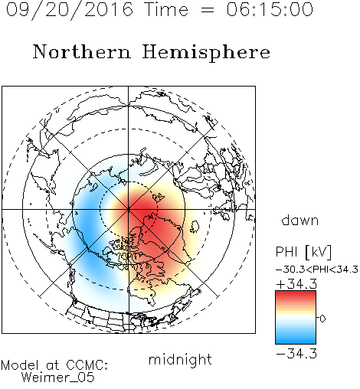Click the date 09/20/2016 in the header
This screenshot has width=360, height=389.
click(x=70, y=9)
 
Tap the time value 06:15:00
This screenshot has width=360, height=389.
click(x=270, y=9)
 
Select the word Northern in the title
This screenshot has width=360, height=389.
click(x=82, y=51)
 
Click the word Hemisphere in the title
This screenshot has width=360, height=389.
click(x=206, y=53)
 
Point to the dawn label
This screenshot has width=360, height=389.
click(x=300, y=220)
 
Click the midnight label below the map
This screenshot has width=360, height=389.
click(x=180, y=360)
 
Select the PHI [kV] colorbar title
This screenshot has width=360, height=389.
click(x=304, y=252)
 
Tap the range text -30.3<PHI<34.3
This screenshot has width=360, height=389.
click(x=317, y=270)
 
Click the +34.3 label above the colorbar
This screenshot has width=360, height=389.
click(x=296, y=284)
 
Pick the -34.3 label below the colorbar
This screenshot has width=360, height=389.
click(x=296, y=354)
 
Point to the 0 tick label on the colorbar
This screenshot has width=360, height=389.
click(x=322, y=319)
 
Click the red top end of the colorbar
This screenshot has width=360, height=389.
click(x=296, y=293)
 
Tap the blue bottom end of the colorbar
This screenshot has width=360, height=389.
click(x=296, y=341)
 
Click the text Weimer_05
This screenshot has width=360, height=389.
click(x=57, y=378)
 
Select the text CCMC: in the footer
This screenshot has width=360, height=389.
click(x=87, y=365)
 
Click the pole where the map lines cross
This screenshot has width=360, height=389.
click(x=129, y=210)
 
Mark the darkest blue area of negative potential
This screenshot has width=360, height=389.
click(x=88, y=230)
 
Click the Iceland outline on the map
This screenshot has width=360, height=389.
click(x=195, y=227)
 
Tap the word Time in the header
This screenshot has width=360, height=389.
click(x=166, y=9)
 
